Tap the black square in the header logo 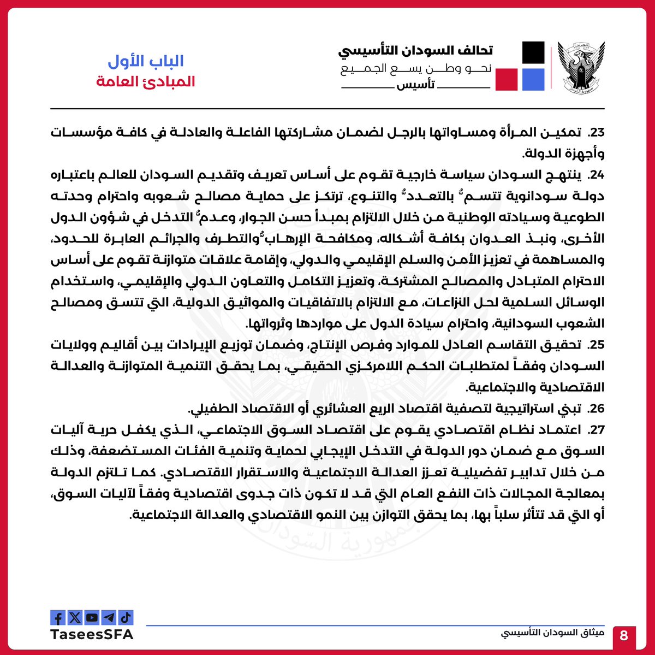pyautogui.click(x=533, y=52)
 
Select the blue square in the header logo pyautogui.click(x=533, y=79)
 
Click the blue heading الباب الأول pyautogui.click(x=146, y=61)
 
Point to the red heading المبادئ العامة pyautogui.click(x=146, y=82)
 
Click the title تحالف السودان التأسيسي pyautogui.click(x=415, y=50)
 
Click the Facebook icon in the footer pyautogui.click(x=58, y=617)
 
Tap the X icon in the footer pyautogui.click(x=75, y=617)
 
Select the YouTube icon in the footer pyautogui.click(x=92, y=617)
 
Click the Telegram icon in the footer pyautogui.click(x=109, y=617)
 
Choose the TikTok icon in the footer pyautogui.click(x=126, y=617)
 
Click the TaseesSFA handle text pyautogui.click(x=92, y=634)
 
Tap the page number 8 pyautogui.click(x=624, y=636)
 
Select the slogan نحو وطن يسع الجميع pyautogui.click(x=416, y=69)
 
